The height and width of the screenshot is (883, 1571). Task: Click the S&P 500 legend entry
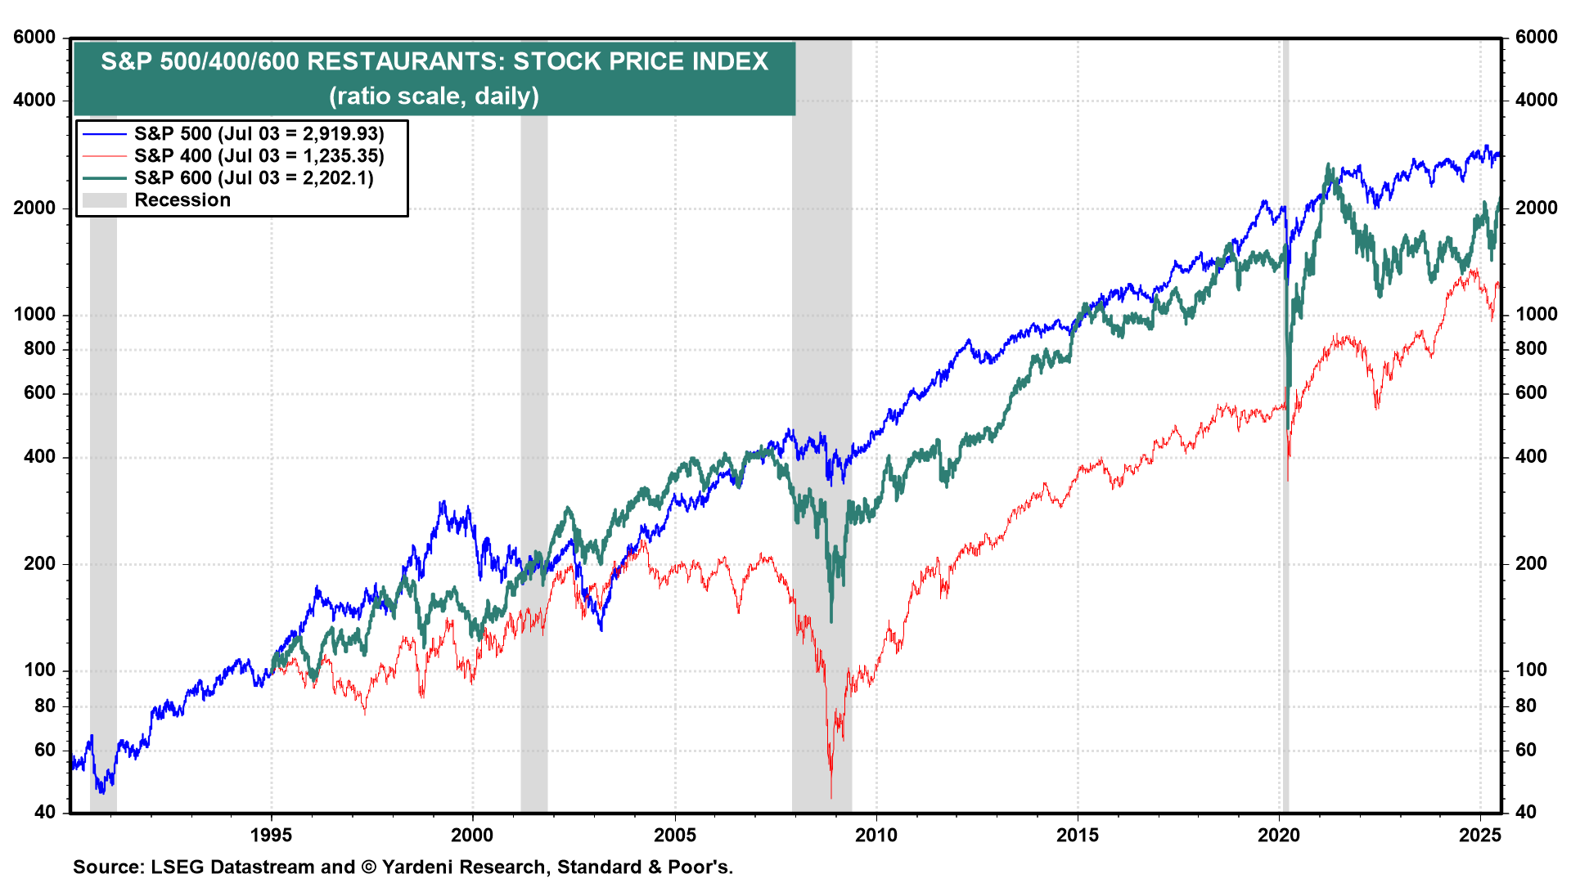(259, 134)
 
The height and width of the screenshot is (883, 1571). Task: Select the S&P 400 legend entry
(259, 156)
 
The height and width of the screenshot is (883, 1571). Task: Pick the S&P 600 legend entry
(254, 178)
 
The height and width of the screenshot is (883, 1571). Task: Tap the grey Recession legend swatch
(104, 200)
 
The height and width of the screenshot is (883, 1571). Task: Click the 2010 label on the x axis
(876, 836)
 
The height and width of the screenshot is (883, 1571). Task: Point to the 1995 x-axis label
(271, 836)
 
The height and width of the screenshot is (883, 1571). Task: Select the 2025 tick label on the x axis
(1480, 836)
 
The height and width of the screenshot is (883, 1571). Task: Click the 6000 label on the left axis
(34, 38)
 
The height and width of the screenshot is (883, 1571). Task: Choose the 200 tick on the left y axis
(40, 564)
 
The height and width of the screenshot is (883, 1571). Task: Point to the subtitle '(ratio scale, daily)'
(434, 96)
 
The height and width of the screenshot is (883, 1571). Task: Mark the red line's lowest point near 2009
(831, 796)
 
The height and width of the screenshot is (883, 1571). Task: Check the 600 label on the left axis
(40, 393)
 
